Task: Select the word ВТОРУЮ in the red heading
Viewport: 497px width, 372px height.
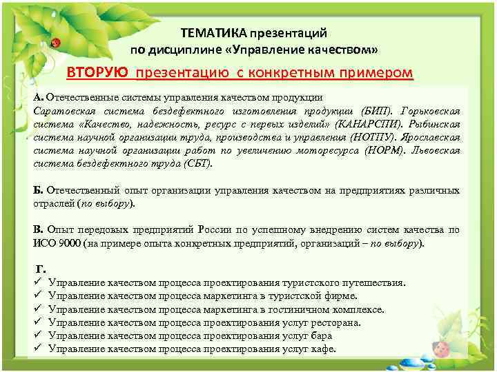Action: (97, 73)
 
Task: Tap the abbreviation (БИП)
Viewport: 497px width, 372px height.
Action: (375, 111)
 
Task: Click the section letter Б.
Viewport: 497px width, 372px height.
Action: (38, 190)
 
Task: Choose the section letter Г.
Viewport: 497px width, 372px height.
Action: (41, 269)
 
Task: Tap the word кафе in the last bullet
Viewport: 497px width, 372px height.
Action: (323, 349)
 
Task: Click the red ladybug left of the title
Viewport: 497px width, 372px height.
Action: (56, 43)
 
